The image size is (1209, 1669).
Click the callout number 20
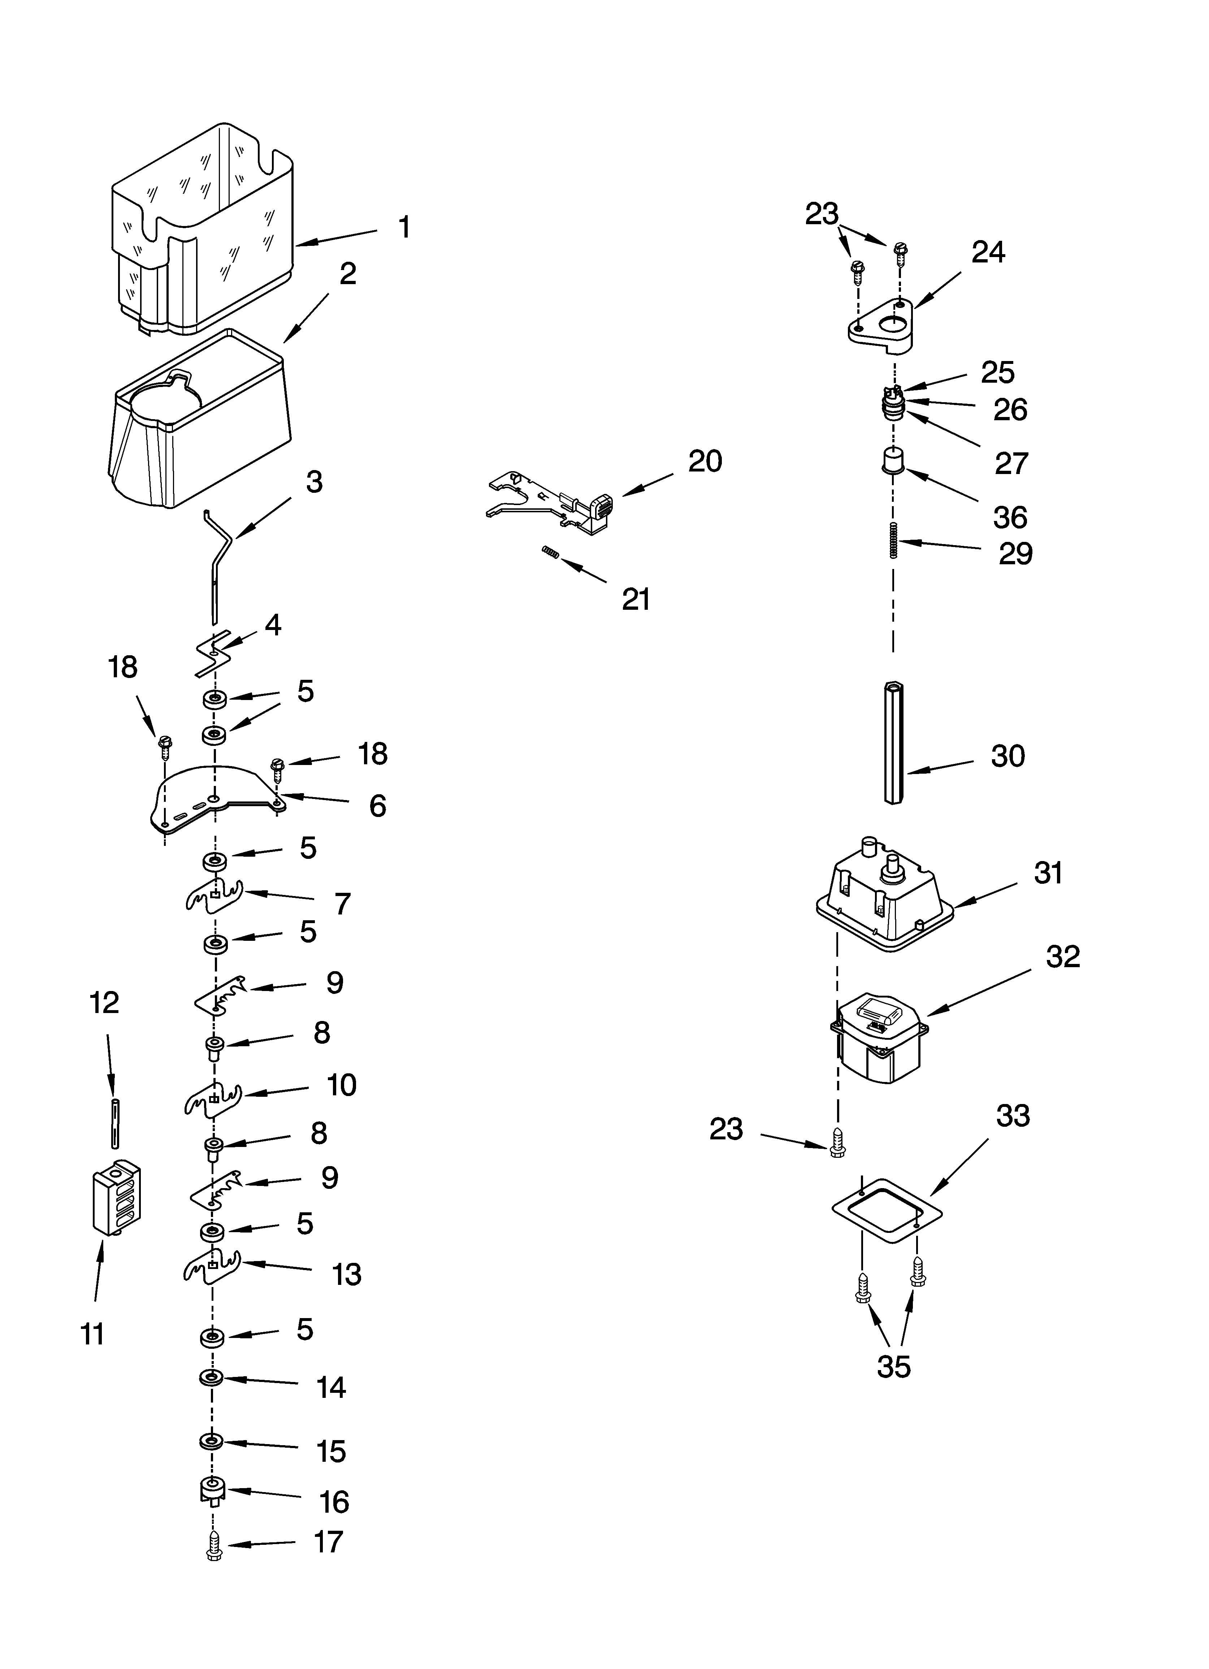point(705,461)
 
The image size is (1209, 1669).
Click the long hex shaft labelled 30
point(893,743)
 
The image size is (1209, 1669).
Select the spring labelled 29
point(893,539)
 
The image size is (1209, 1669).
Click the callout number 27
point(1011,464)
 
